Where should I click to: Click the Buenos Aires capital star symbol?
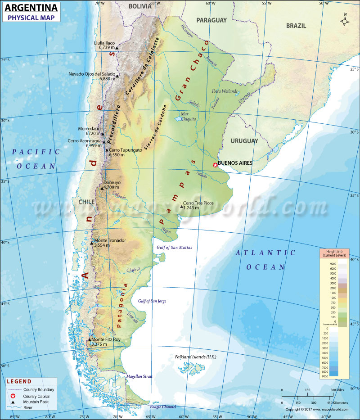(x=215, y=165)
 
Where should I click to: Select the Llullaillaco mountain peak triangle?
(x=117, y=48)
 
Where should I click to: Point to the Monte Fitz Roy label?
(x=106, y=339)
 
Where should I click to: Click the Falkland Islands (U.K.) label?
(x=196, y=357)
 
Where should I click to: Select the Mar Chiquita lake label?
(x=188, y=117)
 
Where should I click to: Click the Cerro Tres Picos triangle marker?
(x=182, y=207)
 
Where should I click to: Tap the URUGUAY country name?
(x=244, y=141)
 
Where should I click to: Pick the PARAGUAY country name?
(x=211, y=20)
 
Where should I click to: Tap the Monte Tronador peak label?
(x=110, y=240)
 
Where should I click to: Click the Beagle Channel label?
(x=163, y=406)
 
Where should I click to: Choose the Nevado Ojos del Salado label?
(x=92, y=74)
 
